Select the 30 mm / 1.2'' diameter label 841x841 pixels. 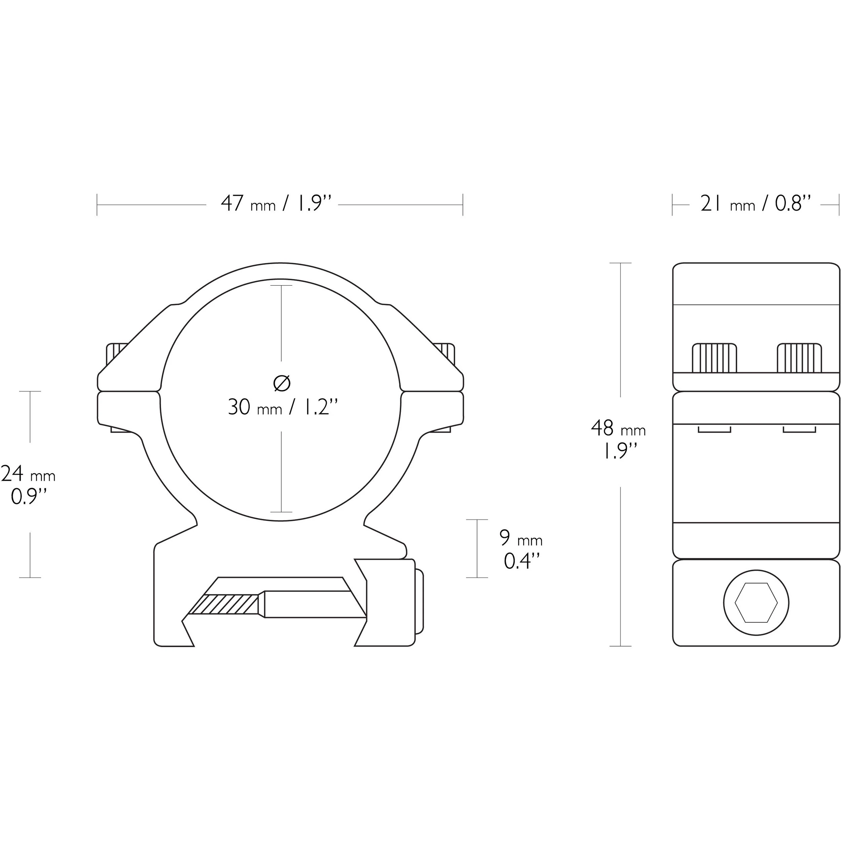pyautogui.click(x=283, y=407)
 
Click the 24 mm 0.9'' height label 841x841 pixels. pyautogui.click(x=28, y=484)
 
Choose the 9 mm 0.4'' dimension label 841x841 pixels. pyautogui.click(x=521, y=549)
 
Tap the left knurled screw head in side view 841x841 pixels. pyautogui.click(x=714, y=358)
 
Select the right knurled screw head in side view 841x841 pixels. pyautogui.click(x=800, y=358)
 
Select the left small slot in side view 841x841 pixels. pyautogui.click(x=714, y=430)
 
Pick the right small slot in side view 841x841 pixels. pyautogui.click(x=799, y=430)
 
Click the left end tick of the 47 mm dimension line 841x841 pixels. pyautogui.click(x=97, y=205)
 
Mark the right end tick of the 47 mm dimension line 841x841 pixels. pyautogui.click(x=463, y=205)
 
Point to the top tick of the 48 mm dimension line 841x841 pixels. pyautogui.click(x=620, y=263)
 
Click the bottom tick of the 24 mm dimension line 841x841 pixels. pyautogui.click(x=30, y=578)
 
